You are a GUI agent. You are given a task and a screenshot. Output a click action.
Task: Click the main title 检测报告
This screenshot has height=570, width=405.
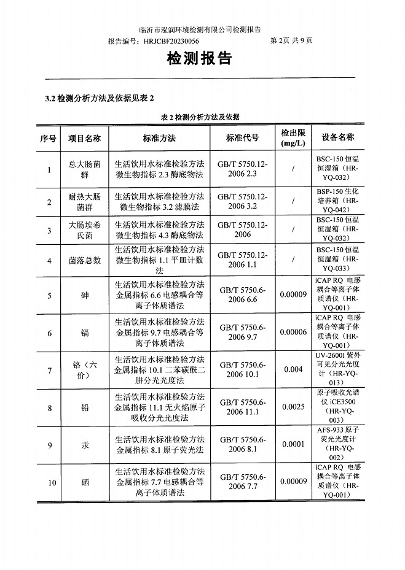point(200,59)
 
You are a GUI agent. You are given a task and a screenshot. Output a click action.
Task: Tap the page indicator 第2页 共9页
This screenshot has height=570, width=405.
point(291,40)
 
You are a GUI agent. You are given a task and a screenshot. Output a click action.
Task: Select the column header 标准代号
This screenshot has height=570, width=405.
point(242,139)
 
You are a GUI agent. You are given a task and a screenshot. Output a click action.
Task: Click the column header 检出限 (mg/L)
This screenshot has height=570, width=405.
point(293,138)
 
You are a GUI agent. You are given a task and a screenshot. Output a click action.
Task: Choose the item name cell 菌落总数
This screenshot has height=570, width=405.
point(84,260)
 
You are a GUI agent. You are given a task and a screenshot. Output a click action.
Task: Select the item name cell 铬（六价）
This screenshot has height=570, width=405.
point(84,370)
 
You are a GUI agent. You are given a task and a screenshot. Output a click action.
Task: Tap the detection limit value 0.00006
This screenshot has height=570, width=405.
point(293,333)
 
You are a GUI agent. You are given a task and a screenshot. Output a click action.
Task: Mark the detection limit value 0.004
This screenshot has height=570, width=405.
point(293,370)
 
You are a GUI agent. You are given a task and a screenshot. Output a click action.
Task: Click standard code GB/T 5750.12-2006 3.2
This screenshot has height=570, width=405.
point(242,201)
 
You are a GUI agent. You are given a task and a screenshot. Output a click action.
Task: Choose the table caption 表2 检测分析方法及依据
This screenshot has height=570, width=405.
point(200,117)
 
